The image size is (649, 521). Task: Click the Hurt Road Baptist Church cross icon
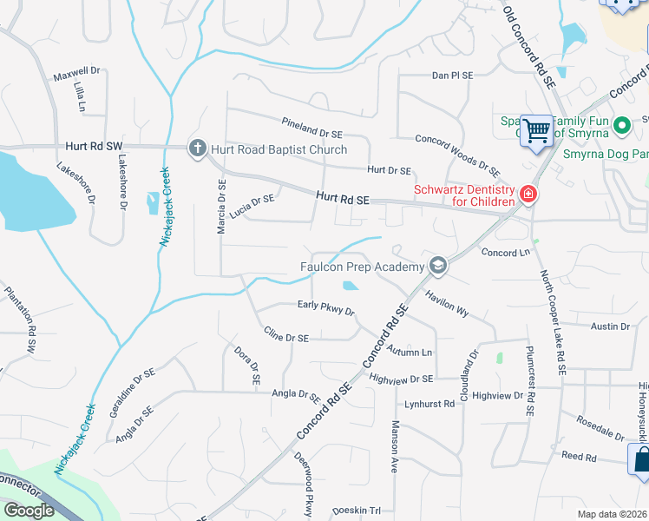[197, 148]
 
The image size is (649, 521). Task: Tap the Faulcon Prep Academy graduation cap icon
[438, 266]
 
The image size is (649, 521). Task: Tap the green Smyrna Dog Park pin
[621, 127]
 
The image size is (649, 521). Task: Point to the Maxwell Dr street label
[76, 73]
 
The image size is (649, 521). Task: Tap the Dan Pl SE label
[453, 76]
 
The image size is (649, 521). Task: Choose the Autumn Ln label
[410, 352]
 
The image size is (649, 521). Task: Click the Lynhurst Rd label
[429, 404]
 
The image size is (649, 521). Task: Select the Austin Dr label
[609, 326]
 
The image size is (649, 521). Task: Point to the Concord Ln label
[505, 252]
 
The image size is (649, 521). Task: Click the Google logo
[29, 510]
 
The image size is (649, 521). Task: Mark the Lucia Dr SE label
[252, 201]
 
